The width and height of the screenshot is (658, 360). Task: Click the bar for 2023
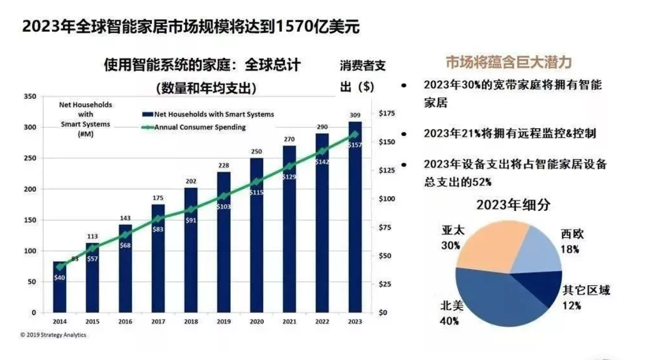pyautogui.click(x=355, y=219)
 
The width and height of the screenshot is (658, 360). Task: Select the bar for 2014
pyautogui.click(x=60, y=290)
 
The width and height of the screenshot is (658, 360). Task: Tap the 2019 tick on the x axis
pyautogui.click(x=223, y=322)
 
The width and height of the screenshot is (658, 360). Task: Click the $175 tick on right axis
pyautogui.click(x=386, y=113)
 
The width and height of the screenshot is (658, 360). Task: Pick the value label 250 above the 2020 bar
pyautogui.click(x=256, y=151)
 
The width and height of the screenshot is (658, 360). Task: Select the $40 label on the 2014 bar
pyautogui.click(x=60, y=278)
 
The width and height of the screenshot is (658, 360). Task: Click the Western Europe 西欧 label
pyautogui.click(x=572, y=234)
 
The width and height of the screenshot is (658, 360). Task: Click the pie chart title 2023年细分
pyautogui.click(x=513, y=205)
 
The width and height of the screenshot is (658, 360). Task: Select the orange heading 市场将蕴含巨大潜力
pyautogui.click(x=508, y=62)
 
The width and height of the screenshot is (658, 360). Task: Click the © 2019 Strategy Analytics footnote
pyautogui.click(x=54, y=335)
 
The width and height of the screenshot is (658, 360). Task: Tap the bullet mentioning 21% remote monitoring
pyautogui.click(x=509, y=133)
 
